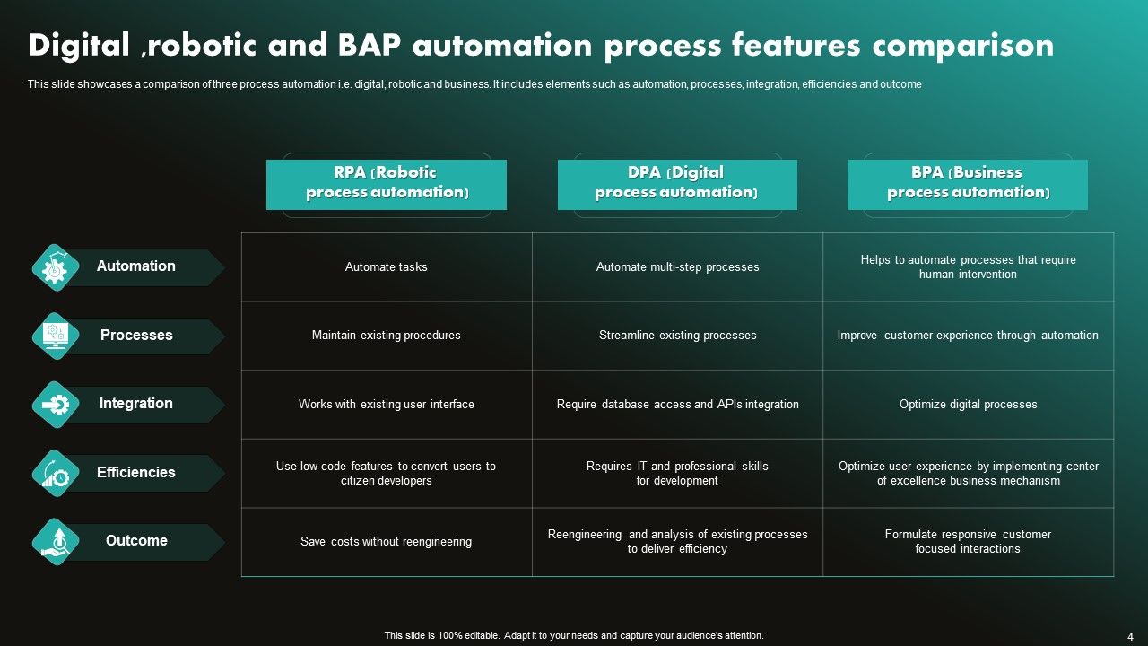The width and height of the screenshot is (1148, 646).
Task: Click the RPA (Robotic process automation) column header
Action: (x=386, y=183)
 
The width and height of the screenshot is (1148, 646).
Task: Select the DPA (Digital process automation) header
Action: (x=676, y=183)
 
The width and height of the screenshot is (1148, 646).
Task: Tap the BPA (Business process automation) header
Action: (x=967, y=183)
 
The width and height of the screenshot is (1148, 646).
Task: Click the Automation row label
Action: (x=136, y=266)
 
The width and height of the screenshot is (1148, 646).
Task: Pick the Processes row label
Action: (x=136, y=336)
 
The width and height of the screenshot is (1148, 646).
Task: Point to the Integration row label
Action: (x=136, y=404)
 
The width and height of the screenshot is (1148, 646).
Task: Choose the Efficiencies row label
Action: (x=136, y=473)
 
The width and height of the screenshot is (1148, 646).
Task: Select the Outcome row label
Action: (x=136, y=541)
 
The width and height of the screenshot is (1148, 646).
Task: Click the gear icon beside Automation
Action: (x=56, y=267)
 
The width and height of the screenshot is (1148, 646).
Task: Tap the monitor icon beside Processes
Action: (x=56, y=336)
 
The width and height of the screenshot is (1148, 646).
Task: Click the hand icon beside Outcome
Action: (x=56, y=542)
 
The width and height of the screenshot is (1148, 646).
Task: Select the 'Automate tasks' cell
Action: (x=386, y=267)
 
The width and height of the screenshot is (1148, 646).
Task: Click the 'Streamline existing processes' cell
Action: (x=677, y=336)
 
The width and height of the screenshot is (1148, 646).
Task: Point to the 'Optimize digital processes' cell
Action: (x=968, y=405)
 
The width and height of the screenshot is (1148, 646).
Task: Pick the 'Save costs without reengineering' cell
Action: (x=386, y=542)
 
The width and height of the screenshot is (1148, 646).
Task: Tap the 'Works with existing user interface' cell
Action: (x=386, y=405)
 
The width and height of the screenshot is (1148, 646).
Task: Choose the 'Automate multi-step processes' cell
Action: (x=677, y=267)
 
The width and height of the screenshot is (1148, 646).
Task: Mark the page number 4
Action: (x=1130, y=636)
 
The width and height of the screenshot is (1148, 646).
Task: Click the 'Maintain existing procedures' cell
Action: (x=386, y=336)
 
